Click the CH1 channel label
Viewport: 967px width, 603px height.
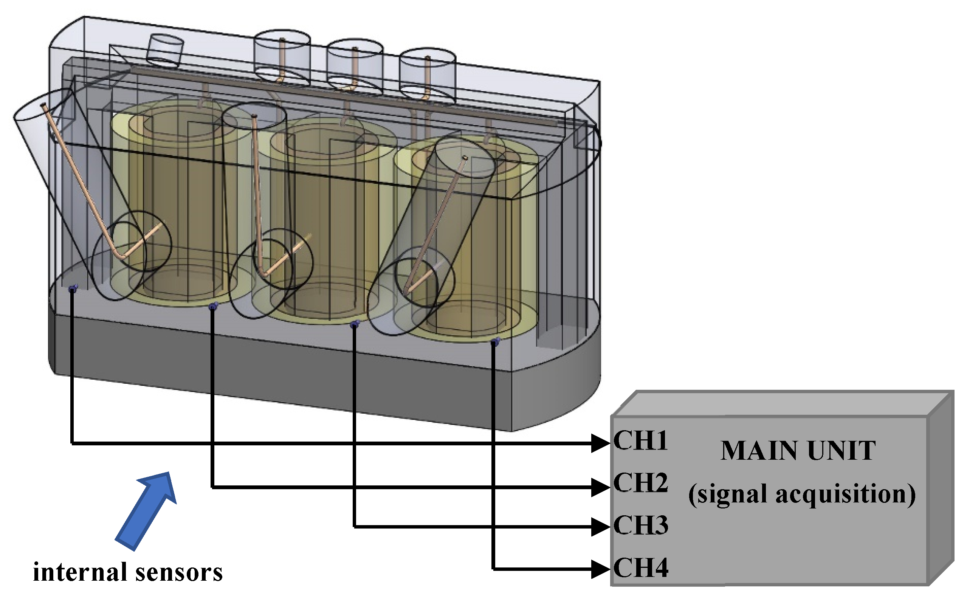click(640, 440)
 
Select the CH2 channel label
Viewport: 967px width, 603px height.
click(640, 482)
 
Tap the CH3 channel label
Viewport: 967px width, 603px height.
click(640, 525)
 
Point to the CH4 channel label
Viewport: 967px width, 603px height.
click(640, 567)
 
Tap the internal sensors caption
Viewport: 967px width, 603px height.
click(128, 572)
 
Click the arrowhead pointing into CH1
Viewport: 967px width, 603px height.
click(601, 443)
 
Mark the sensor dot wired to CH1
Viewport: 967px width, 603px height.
click(72, 288)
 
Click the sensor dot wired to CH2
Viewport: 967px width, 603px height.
click(212, 307)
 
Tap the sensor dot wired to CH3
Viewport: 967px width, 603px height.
click(354, 325)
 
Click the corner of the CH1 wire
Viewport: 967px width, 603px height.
click(72, 443)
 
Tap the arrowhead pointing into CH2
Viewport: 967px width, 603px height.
click(601, 487)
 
